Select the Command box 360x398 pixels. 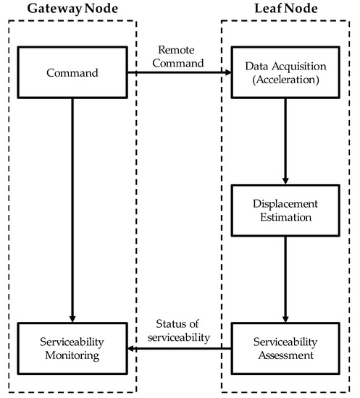(x=72, y=73)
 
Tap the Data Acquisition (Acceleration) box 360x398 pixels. (x=285, y=73)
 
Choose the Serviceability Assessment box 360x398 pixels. (x=285, y=350)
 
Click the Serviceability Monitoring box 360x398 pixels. (x=72, y=350)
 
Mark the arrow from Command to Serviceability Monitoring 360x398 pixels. (x=72, y=210)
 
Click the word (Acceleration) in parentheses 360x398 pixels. (x=285, y=80)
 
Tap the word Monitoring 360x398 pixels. (x=72, y=356)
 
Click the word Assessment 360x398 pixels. (x=285, y=356)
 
